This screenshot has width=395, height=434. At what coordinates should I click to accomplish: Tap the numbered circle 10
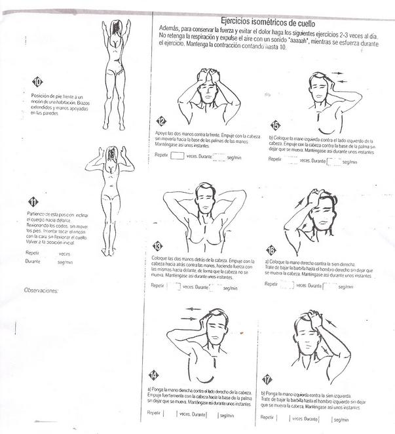37,82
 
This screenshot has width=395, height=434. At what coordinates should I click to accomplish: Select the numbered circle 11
33,202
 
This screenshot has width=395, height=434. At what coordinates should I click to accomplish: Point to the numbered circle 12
162,121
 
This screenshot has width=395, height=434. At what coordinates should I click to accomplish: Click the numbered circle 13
157,247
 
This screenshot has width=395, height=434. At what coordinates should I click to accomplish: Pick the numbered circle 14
153,375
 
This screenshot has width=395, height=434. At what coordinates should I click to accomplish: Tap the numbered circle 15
275,125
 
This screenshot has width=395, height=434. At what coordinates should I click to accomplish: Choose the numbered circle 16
271,250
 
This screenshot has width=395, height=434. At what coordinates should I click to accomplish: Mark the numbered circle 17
267,379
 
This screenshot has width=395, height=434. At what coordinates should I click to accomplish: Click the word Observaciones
41,289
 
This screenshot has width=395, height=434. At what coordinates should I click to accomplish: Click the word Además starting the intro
168,30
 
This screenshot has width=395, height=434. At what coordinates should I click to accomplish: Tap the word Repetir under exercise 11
32,252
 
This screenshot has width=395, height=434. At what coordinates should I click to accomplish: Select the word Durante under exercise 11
33,261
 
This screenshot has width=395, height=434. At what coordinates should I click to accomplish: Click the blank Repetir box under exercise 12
177,157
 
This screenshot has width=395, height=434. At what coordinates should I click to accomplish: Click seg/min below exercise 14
227,415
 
